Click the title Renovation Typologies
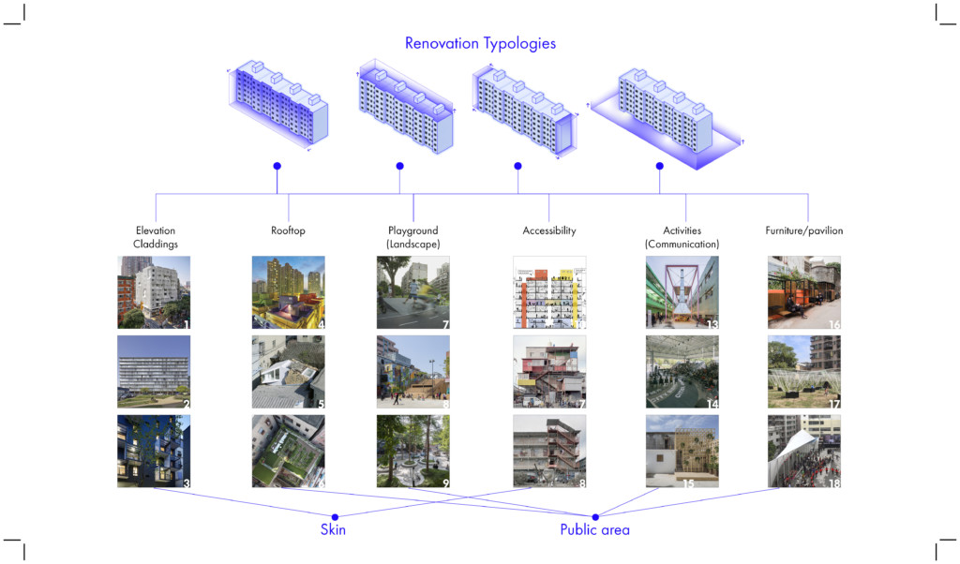pos(480,43)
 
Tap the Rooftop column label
pos(288,230)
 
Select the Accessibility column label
pos(548,230)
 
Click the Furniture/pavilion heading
pos(803,230)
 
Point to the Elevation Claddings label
pos(155,237)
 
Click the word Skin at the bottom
pos(334,530)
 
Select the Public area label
pos(594,530)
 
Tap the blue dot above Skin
pos(335,515)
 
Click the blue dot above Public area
pos(594,515)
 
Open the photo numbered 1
pos(154,292)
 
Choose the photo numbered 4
pos(288,292)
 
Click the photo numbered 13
pos(682,292)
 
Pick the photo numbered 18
pos(803,452)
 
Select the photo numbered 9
pos(412,452)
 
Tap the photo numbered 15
pos(682,452)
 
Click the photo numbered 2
pos(154,372)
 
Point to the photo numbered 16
pos(803,292)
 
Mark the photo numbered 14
pos(682,372)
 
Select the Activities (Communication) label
pos(682,237)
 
